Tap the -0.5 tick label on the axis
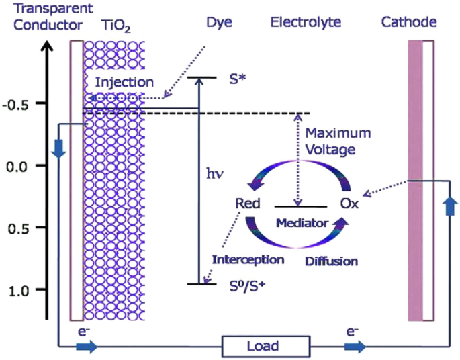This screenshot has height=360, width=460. click(22, 103)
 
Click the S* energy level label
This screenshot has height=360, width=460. click(237, 78)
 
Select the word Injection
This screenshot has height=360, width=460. click(124, 82)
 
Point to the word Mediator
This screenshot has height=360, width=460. click(303, 222)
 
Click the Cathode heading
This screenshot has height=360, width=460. click(409, 23)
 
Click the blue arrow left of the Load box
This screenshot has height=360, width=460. click(85, 347)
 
